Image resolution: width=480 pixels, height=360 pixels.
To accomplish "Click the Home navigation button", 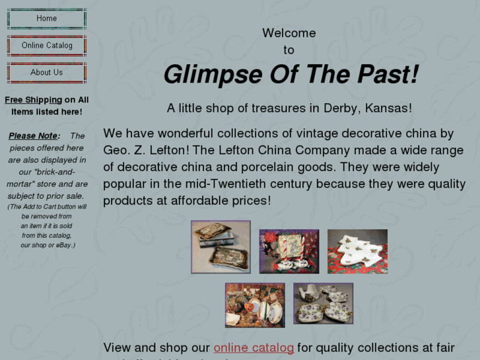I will click(46, 18).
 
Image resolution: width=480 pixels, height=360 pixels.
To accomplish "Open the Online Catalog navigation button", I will click(46, 46).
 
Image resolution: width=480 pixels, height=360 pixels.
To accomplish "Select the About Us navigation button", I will click(46, 73).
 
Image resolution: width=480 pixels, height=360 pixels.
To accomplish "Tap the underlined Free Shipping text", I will click(33, 100).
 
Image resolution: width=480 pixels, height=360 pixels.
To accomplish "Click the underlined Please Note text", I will click(33, 136).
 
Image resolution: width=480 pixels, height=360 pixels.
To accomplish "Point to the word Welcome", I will click(289, 33).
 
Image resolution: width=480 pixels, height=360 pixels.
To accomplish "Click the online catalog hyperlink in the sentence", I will click(254, 347).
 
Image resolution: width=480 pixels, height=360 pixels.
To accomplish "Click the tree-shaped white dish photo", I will click(357, 251).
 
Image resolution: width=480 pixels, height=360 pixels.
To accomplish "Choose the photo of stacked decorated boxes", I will click(221, 247).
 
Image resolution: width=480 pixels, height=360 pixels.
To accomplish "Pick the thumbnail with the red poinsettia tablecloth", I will click(289, 251).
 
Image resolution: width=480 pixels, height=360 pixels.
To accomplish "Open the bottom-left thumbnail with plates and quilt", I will click(255, 305).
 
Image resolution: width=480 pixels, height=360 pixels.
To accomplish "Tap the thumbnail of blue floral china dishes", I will click(323, 304).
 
